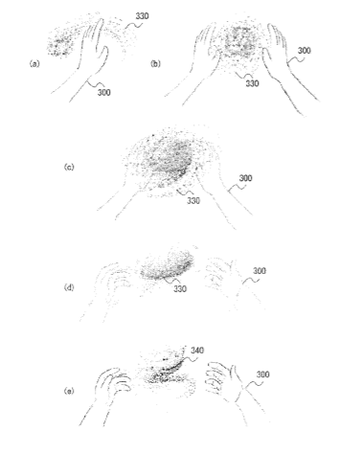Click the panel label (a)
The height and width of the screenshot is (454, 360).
(x=34, y=64)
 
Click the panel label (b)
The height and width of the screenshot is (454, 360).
(x=155, y=64)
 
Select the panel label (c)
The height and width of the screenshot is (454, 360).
(x=69, y=167)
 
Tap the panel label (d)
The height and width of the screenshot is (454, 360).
(x=69, y=287)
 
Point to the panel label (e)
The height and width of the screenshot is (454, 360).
(x=69, y=391)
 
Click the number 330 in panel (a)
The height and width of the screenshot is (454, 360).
(x=142, y=16)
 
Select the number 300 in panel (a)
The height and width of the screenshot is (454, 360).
(x=104, y=92)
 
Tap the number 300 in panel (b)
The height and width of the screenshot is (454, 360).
(x=304, y=51)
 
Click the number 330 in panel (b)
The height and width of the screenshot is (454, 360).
(x=252, y=83)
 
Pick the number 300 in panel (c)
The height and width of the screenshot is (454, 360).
(x=245, y=178)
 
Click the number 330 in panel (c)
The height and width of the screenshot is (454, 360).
(x=193, y=200)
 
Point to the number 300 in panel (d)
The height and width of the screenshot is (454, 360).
(x=259, y=271)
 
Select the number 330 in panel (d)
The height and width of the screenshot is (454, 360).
(x=180, y=289)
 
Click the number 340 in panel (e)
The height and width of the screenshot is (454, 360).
(x=197, y=351)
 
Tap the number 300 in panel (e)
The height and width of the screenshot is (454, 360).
(x=262, y=375)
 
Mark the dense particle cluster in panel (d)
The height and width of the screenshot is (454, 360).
(x=168, y=265)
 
